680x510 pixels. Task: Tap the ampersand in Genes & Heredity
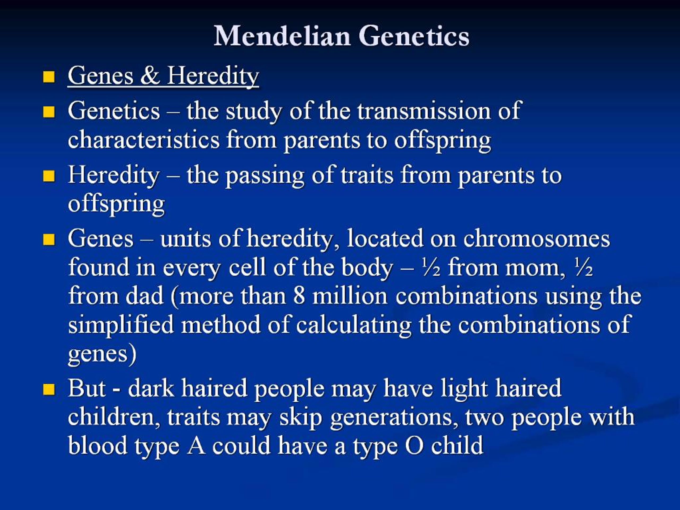pyautogui.click(x=150, y=76)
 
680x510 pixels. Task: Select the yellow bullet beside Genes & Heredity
pyautogui.click(x=49, y=77)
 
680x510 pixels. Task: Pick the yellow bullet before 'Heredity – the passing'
pyautogui.click(x=49, y=176)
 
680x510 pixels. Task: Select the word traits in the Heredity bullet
pyautogui.click(x=367, y=175)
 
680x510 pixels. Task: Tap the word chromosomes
pyautogui.click(x=537, y=239)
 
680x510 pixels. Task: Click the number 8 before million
pyautogui.click(x=299, y=296)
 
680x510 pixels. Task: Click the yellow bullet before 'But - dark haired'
pyautogui.click(x=49, y=389)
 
